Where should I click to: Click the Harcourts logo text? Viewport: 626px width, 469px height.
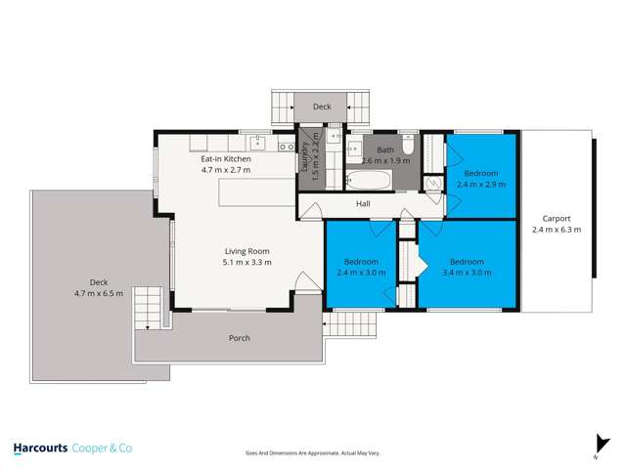(40, 448)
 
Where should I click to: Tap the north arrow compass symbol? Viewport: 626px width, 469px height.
(597, 445)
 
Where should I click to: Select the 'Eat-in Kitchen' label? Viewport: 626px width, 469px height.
(226, 158)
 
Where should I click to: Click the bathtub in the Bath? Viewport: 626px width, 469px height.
(367, 181)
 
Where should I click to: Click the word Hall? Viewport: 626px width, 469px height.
(363, 204)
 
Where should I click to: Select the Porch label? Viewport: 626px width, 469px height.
(239, 338)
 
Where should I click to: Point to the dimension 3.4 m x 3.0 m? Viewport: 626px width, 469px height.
(467, 273)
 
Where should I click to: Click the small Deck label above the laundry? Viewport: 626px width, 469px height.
(322, 107)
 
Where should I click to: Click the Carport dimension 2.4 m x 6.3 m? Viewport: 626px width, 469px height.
(557, 231)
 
